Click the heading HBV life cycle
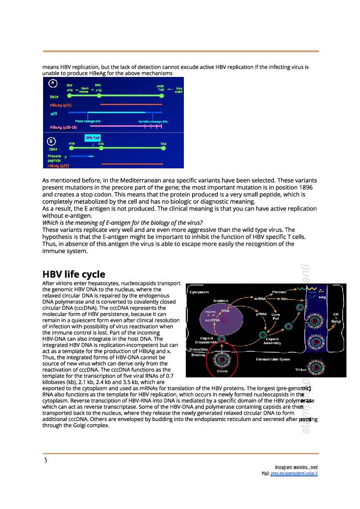[x=74, y=274]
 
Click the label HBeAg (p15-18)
[x=63, y=127]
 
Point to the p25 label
[x=54, y=113]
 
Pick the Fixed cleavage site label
[x=88, y=120]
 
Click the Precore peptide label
[x=54, y=158]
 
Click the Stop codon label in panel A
[x=178, y=90]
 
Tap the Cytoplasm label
[x=199, y=292]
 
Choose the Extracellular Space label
[x=274, y=359]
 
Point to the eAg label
[x=322, y=298]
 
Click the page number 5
[x=45, y=460]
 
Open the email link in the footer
[x=297, y=473]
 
